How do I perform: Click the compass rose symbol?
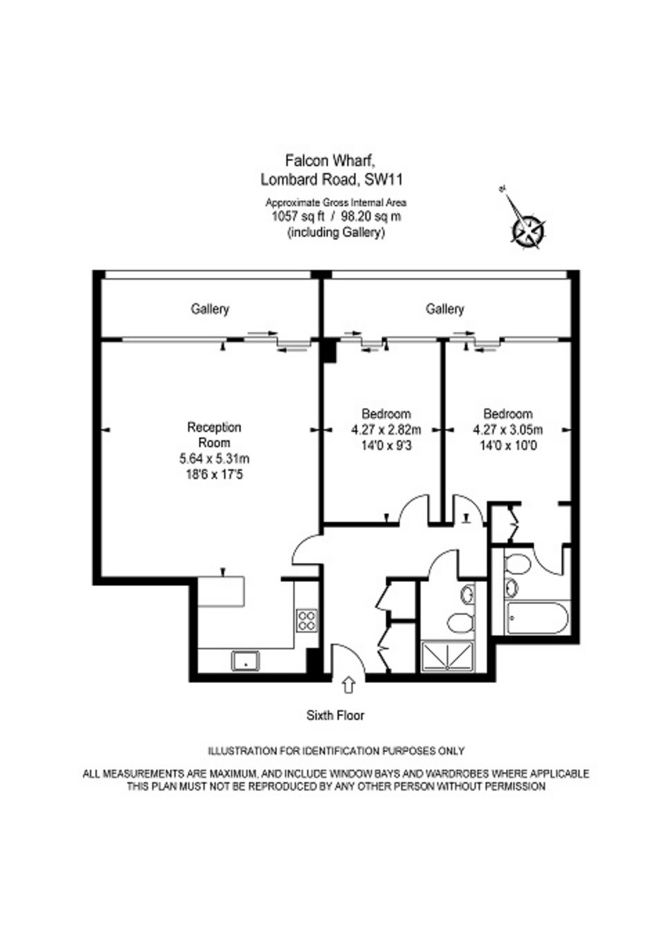pos(526,229)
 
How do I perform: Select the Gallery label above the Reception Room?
pos(210,309)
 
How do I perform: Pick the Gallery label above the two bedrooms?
pos(445,309)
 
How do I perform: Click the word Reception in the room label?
pos(214,428)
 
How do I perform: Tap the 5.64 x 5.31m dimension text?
pos(214,458)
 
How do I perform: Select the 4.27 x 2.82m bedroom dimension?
pos(386,428)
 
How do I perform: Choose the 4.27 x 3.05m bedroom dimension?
pos(508,428)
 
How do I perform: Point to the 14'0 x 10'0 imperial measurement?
pos(508,443)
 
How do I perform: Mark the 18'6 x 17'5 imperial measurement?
pos(214,473)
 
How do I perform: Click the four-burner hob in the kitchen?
pos(305,620)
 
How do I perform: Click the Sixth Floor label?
pos(335,715)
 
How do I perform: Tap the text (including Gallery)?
pos(336,233)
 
